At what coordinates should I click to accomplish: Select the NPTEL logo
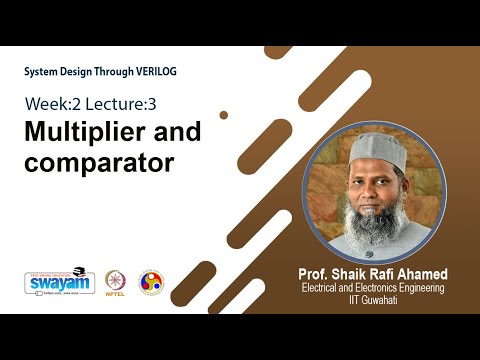coord(117,283)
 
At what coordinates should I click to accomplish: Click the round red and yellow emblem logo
coord(151,282)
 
